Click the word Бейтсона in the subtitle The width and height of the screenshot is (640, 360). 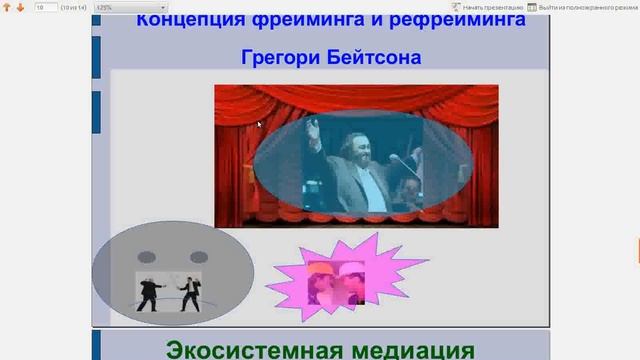click(x=374, y=57)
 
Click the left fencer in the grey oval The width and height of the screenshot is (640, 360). click(x=149, y=291)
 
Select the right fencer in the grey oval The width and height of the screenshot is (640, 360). click(x=187, y=293)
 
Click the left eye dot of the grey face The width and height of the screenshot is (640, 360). click(x=146, y=257)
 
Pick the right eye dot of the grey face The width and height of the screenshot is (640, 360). click(x=199, y=257)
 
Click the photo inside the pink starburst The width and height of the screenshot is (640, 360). click(x=335, y=281)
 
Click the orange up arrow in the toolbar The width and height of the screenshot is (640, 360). click(x=8, y=7)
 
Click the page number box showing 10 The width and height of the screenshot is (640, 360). click(x=45, y=7)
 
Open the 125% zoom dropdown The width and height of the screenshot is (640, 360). click(x=130, y=7)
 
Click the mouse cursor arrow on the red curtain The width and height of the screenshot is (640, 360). click(x=258, y=124)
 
